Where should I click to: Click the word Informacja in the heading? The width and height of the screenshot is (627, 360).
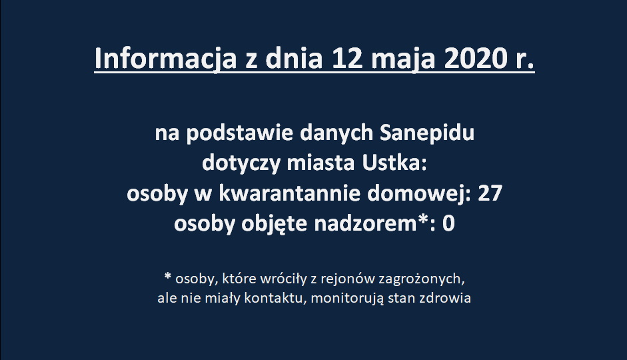click(165, 59)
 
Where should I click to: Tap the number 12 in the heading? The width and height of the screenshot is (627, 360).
click(346, 59)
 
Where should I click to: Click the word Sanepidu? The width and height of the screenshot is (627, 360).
click(426, 133)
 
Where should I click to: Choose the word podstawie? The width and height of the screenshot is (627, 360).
click(239, 133)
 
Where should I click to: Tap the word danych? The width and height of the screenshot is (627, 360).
click(336, 133)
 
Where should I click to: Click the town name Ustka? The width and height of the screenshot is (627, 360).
click(394, 163)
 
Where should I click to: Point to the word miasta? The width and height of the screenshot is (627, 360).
click(320, 163)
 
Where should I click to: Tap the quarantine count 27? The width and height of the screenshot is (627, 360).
click(490, 193)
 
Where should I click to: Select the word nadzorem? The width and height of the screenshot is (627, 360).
click(366, 223)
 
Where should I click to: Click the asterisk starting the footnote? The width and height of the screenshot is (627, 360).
click(168, 276)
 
